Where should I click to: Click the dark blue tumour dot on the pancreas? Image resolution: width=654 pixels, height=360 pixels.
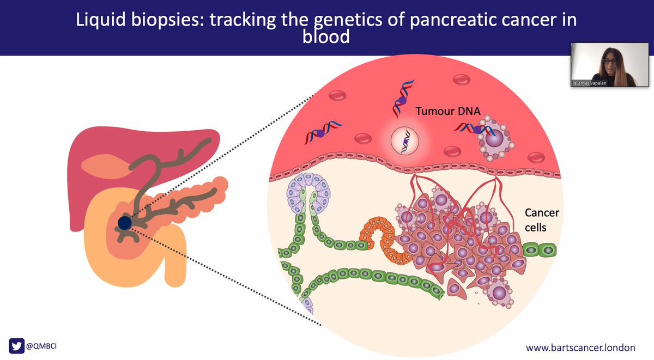125,222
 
